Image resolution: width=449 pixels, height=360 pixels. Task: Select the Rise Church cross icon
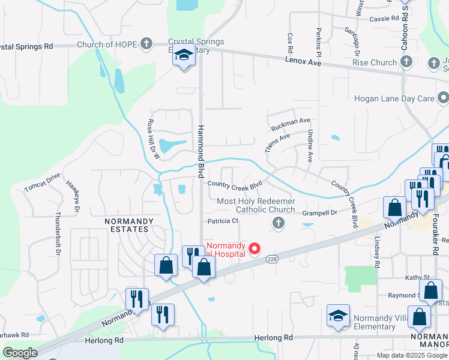(406, 62)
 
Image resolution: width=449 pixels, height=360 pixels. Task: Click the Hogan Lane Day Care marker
(443, 97)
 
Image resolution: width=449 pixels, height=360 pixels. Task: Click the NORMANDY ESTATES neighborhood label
(129, 225)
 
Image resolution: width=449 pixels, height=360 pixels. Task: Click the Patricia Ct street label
(223, 221)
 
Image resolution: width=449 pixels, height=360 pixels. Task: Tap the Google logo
(20, 353)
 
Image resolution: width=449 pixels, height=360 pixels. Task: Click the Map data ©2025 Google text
(411, 355)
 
